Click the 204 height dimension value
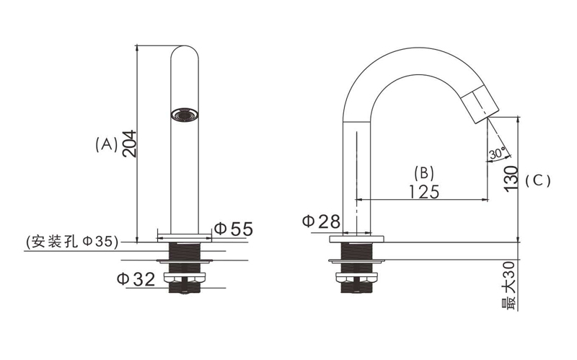click(x=130, y=144)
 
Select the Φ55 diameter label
click(x=233, y=229)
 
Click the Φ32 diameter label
click(x=136, y=279)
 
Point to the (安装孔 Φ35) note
click(x=72, y=242)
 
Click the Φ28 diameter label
click(x=321, y=221)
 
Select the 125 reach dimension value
click(x=424, y=192)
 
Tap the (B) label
click(x=424, y=172)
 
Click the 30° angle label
click(x=497, y=153)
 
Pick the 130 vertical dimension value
click(x=511, y=179)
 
